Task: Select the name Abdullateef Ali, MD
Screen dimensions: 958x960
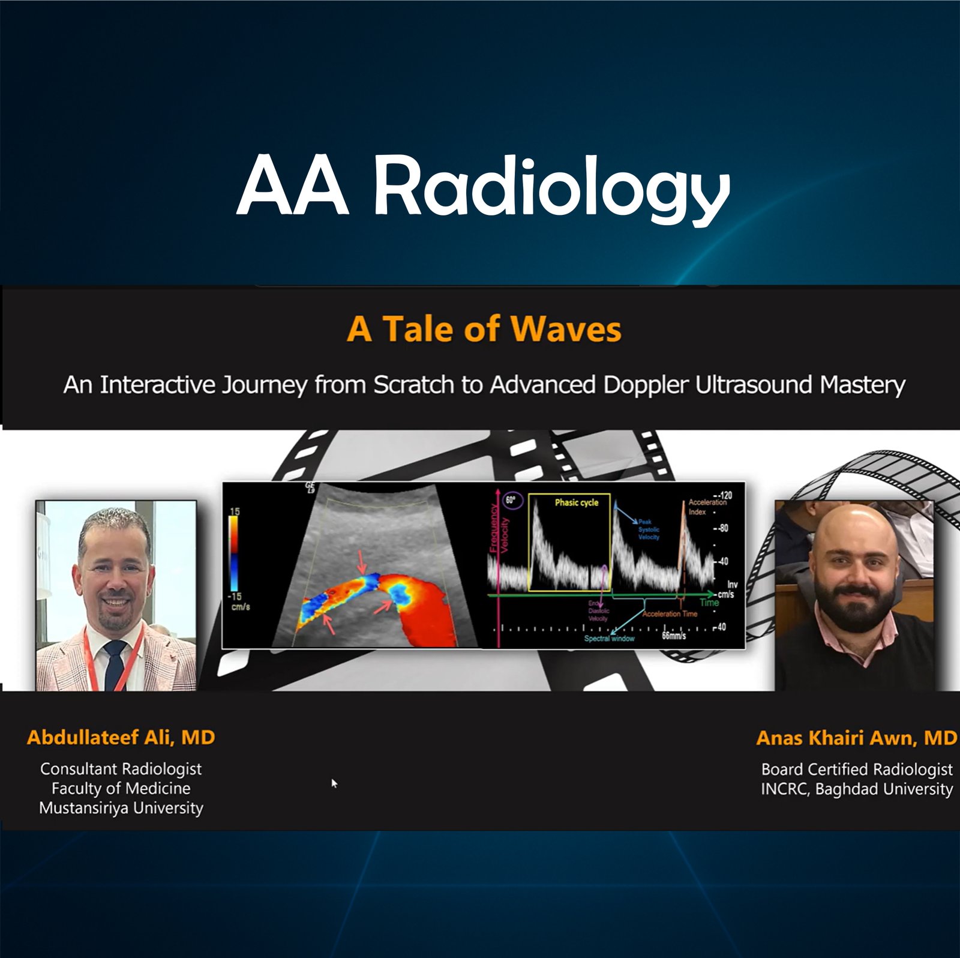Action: (x=121, y=737)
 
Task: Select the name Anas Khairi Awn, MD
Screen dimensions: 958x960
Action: (x=856, y=738)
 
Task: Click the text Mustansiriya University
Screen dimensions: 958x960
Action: (x=121, y=808)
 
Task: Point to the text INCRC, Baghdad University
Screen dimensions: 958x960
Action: (x=856, y=789)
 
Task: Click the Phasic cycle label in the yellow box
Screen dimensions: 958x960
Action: (x=576, y=502)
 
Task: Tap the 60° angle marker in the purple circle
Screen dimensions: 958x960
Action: (x=511, y=500)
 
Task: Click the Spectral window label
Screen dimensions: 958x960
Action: (x=608, y=638)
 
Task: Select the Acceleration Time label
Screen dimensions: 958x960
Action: (x=670, y=613)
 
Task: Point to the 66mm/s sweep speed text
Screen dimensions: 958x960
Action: (x=674, y=635)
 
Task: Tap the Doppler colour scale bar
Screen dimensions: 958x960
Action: (x=233, y=553)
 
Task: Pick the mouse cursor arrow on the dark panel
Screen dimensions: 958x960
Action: (x=334, y=783)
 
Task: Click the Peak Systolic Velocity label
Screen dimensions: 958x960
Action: (x=649, y=529)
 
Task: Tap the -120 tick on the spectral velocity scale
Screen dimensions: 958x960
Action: (x=724, y=495)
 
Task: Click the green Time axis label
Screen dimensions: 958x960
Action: (x=709, y=602)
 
